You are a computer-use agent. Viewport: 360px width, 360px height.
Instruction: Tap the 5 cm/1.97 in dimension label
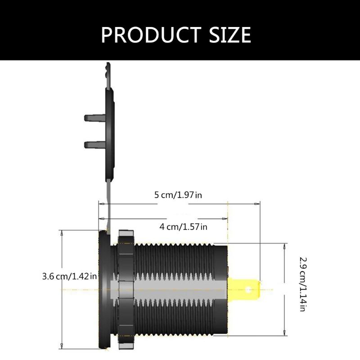click(178, 195)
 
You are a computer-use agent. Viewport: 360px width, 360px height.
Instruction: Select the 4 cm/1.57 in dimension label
click(183, 227)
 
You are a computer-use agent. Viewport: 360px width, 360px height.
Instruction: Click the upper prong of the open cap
click(94, 118)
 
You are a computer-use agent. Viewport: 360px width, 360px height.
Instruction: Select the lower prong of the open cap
click(94, 144)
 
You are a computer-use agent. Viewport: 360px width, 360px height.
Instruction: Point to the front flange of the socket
click(103, 288)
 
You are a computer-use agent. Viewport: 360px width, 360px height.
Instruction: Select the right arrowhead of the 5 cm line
click(257, 204)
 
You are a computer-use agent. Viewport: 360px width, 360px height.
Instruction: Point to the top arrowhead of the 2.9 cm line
click(284, 246)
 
